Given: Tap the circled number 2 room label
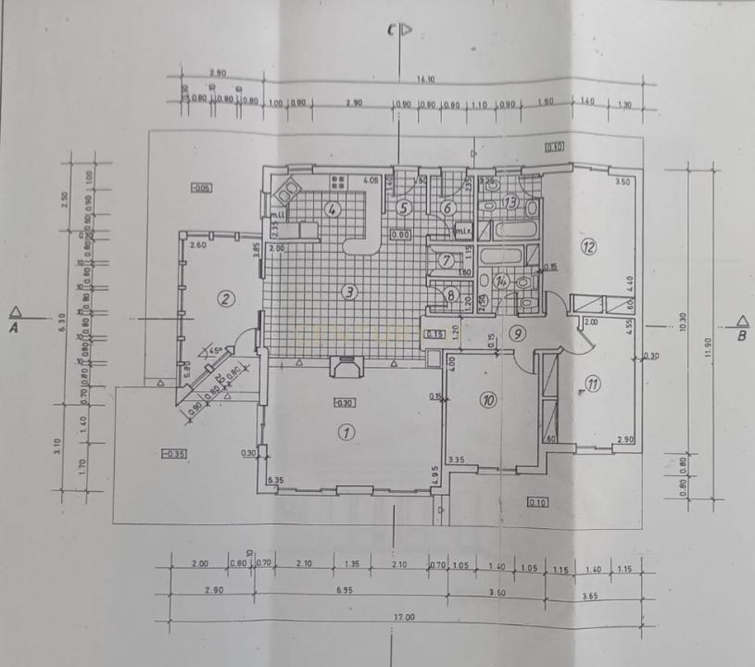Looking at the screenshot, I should click(224, 297).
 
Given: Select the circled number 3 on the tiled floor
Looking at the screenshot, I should click(348, 293).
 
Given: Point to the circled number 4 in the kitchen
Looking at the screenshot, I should click(331, 209).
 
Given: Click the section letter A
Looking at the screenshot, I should click(15, 325).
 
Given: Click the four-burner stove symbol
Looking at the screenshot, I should click(338, 181).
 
